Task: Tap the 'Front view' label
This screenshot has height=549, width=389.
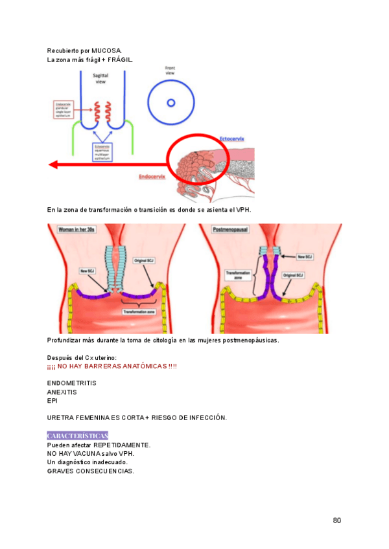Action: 170,70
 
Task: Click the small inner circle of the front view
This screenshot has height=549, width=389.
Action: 171,102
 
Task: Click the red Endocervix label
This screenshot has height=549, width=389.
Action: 152,176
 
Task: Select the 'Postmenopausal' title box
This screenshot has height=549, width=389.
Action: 226,230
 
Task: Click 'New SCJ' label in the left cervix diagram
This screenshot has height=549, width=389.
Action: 88,270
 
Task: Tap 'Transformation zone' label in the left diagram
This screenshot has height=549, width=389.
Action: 139,312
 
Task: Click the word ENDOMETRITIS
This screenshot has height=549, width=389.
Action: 72,383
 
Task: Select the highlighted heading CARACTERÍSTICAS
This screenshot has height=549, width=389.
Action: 78,435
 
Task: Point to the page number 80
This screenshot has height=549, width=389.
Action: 336,520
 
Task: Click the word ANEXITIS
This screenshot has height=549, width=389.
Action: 62,392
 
